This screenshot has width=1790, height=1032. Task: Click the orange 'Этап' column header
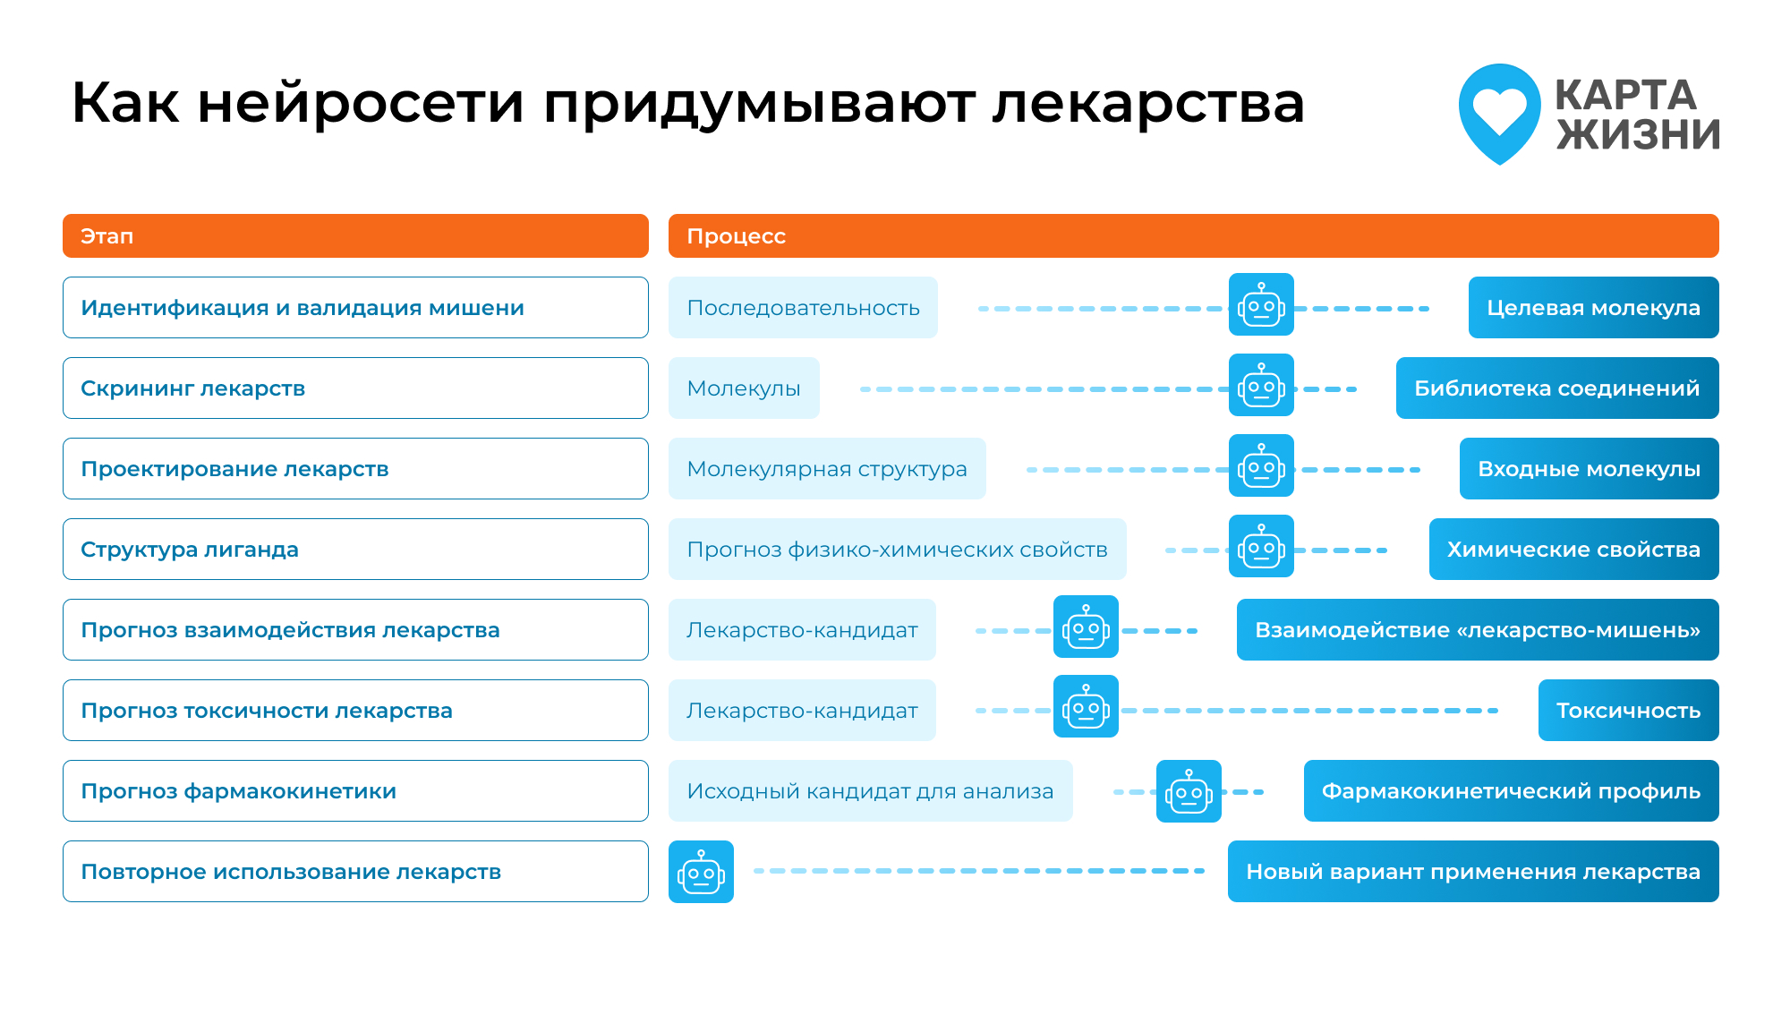tap(355, 235)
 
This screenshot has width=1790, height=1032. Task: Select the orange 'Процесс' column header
tap(1193, 235)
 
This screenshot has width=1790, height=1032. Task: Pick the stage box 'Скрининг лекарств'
tap(355, 388)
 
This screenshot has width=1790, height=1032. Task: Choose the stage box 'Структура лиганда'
tap(355, 549)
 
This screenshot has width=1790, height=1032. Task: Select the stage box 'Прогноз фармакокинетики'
tap(355, 790)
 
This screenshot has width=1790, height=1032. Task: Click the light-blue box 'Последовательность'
tap(803, 307)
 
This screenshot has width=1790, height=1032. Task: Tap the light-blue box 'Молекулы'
tap(744, 388)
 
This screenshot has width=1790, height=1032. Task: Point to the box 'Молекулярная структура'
tap(827, 468)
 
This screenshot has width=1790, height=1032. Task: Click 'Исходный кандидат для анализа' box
tap(870, 790)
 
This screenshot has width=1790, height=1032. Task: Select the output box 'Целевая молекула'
tap(1593, 307)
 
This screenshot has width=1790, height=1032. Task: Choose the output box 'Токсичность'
tap(1628, 710)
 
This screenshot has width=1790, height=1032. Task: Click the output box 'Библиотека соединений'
tap(1557, 388)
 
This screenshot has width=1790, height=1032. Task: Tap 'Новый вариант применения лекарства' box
tap(1473, 871)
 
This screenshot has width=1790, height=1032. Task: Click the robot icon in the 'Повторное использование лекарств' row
tap(701, 872)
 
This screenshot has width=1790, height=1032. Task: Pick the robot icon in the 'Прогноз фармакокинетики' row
tap(1189, 791)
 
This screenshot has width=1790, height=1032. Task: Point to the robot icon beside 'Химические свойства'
tap(1261, 546)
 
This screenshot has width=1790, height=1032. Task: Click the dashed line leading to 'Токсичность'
tap(1309, 711)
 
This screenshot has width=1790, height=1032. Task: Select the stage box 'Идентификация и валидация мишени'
tap(355, 307)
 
